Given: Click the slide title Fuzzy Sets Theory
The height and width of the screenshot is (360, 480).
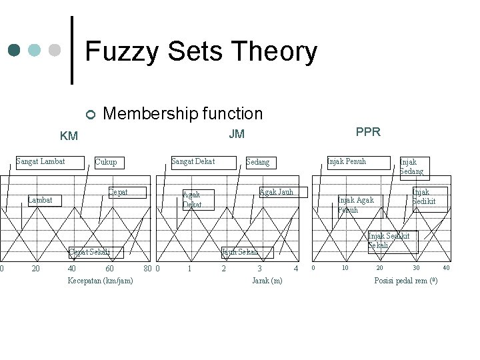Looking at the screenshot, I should click(201, 52).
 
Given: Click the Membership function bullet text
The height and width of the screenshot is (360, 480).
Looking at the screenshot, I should click(183, 114).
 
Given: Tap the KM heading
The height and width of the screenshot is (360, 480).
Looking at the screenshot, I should click(69, 137).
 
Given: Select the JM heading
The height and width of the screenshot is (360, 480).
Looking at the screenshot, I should click(237, 134).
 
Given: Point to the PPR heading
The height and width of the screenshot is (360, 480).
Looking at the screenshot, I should click(368, 132).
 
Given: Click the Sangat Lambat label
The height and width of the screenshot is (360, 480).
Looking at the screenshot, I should click(41, 161).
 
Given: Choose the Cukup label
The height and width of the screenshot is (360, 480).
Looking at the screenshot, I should click(106, 162).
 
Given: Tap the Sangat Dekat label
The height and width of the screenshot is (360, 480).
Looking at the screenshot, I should click(193, 161).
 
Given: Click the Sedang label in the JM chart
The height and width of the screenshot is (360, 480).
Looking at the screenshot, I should click(257, 162).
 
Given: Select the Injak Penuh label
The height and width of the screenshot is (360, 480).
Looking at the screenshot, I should click(347, 161).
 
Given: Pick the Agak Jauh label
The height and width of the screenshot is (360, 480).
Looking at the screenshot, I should click(277, 192).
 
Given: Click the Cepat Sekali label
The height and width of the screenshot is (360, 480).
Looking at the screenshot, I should click(89, 252).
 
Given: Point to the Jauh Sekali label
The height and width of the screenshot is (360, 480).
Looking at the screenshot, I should click(241, 252).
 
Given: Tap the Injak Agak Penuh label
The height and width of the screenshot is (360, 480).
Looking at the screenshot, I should click(356, 205).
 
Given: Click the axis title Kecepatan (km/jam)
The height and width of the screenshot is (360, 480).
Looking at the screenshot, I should click(100, 281).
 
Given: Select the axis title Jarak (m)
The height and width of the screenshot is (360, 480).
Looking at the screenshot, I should click(267, 281).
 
